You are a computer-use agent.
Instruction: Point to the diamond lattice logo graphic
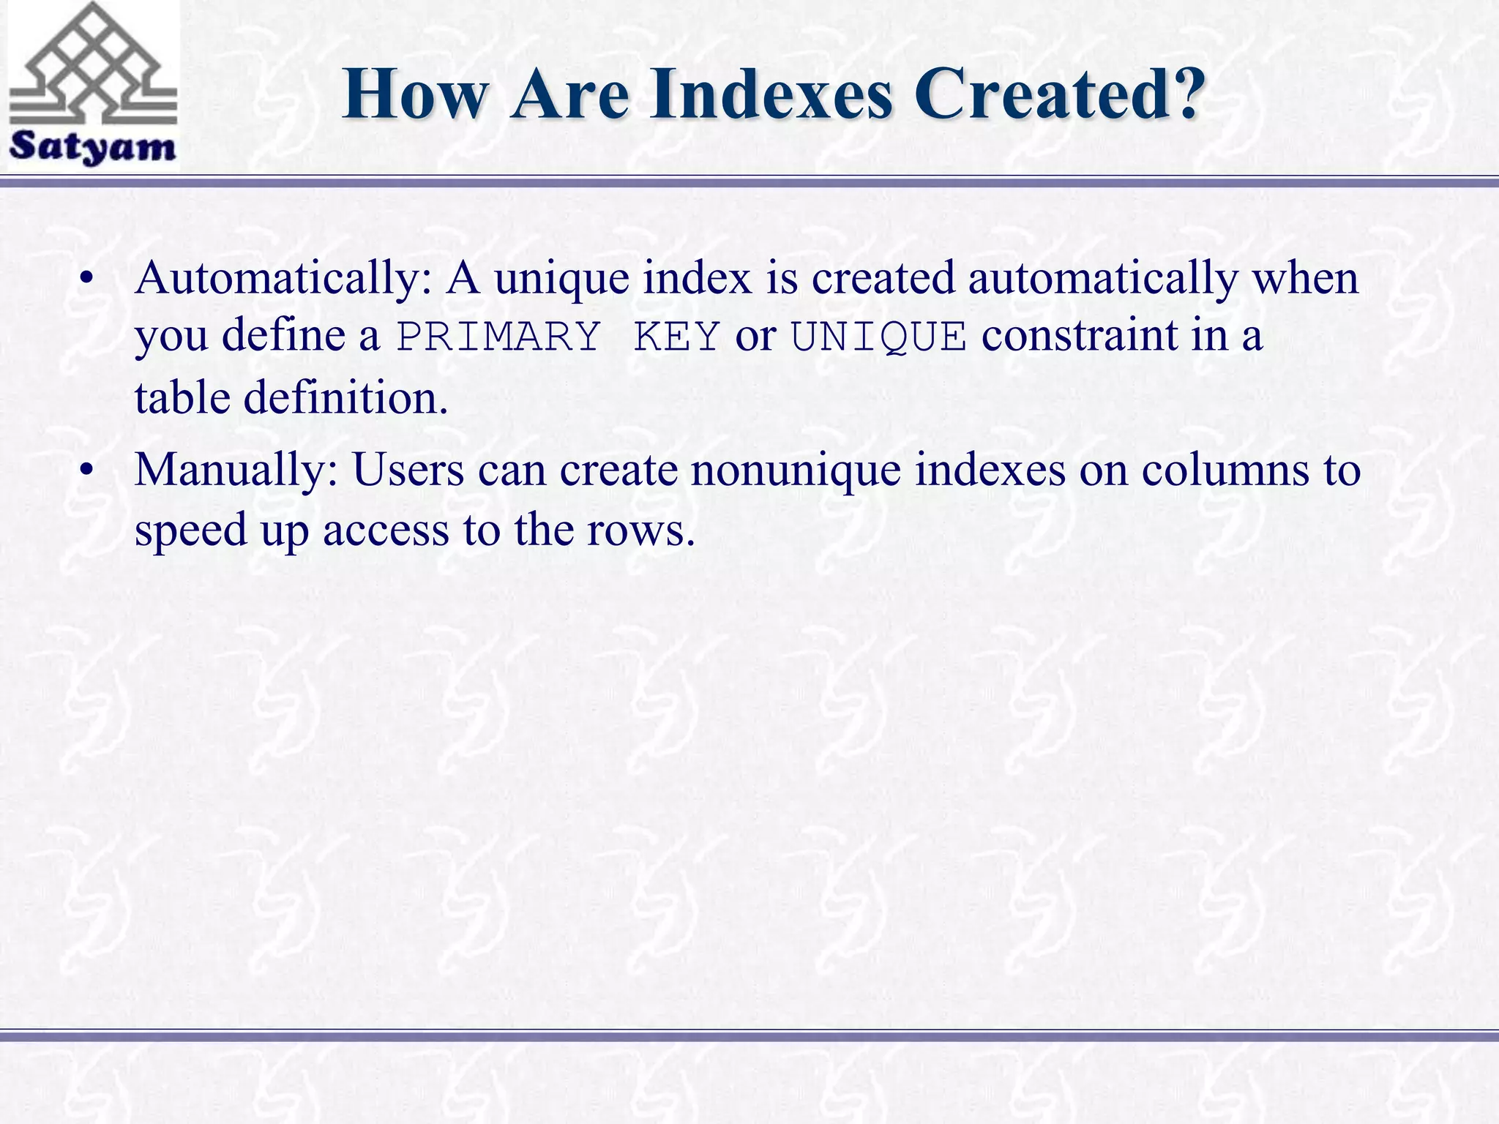coord(92,66)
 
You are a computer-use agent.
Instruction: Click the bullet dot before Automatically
coord(88,281)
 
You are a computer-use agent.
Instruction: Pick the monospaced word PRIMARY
coord(498,337)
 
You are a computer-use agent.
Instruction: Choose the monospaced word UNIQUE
coord(878,337)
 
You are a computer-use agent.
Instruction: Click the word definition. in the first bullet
coord(345,399)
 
